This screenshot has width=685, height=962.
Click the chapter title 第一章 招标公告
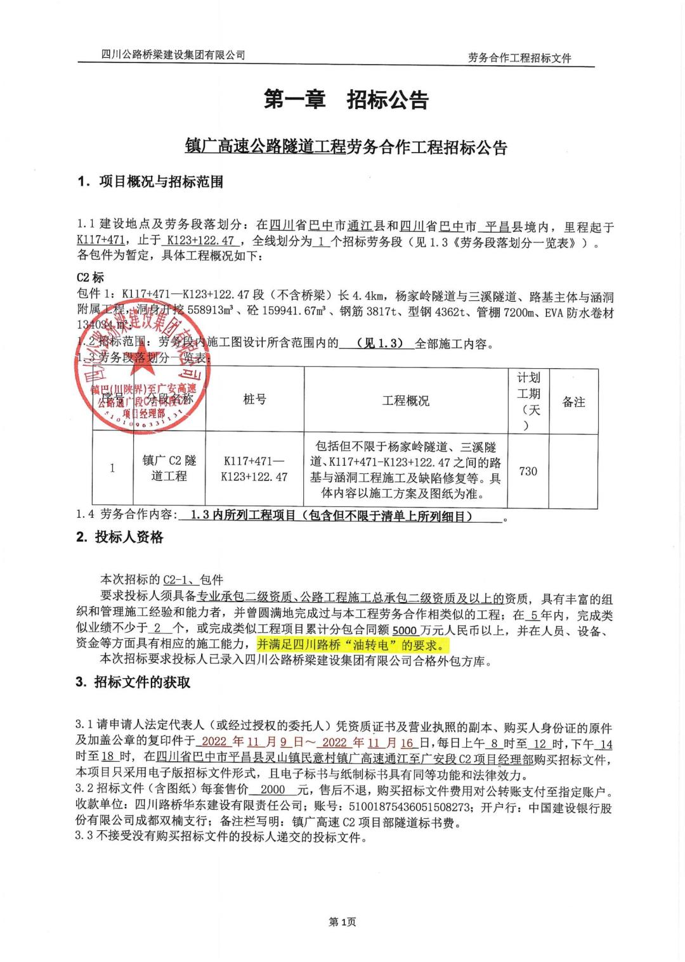click(x=346, y=100)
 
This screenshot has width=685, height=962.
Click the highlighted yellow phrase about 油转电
click(x=352, y=646)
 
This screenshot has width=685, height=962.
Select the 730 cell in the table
click(x=528, y=471)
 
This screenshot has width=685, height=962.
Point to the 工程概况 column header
click(x=405, y=401)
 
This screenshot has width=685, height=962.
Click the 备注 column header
click(x=573, y=402)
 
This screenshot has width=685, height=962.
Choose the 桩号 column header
click(x=254, y=399)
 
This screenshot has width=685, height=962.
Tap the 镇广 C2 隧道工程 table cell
click(x=169, y=468)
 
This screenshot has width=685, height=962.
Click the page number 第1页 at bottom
click(x=342, y=922)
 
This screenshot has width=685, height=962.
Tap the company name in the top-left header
click(x=173, y=55)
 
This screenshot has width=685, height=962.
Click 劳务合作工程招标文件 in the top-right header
click(x=519, y=58)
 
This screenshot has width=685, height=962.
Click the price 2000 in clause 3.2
click(x=273, y=791)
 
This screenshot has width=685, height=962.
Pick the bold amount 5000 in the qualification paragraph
click(x=405, y=630)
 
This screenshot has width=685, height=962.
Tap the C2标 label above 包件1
click(x=90, y=278)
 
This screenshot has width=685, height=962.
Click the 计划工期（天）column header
click(x=528, y=401)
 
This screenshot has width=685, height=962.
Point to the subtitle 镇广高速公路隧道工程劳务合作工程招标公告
click(x=346, y=148)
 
